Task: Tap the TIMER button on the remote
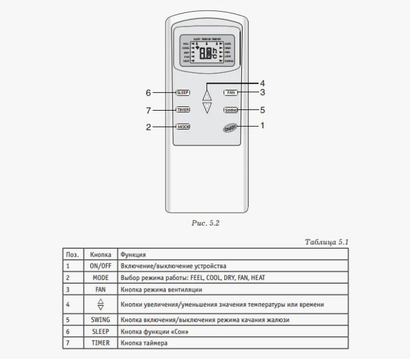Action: pos(183,110)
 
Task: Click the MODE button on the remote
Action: pos(183,127)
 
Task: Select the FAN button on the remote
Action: pos(230,93)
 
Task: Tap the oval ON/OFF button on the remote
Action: pos(230,128)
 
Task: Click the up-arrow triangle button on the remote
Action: pos(207,95)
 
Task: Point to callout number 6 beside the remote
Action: pos(148,93)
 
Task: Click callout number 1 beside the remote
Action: pos(263,127)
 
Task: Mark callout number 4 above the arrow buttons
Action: pos(263,83)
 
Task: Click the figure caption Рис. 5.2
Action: pos(205,222)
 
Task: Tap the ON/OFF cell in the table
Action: pos(100,266)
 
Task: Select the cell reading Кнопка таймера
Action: pos(144,343)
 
